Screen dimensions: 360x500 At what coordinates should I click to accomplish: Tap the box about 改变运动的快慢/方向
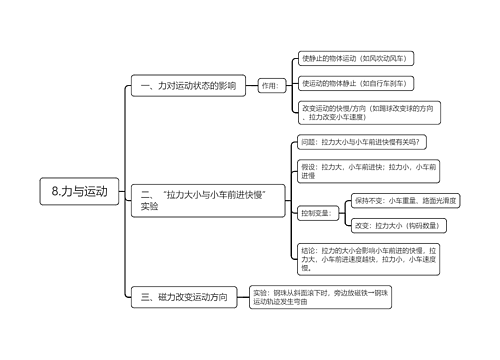369,112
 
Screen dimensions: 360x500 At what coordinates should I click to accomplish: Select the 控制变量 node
315,213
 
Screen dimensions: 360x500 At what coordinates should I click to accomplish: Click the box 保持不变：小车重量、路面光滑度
404,201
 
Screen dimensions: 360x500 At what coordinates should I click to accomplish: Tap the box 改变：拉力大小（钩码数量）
396,226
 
